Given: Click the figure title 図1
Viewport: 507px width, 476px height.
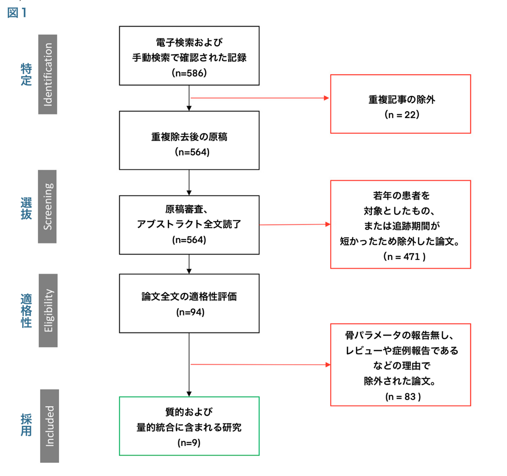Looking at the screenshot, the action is click(x=17, y=13).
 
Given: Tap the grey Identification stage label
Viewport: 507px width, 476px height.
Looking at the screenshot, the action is click(x=48, y=74).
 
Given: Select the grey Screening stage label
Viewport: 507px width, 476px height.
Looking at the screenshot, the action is click(x=47, y=206).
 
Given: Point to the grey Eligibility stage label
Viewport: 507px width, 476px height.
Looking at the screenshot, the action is click(x=48, y=310).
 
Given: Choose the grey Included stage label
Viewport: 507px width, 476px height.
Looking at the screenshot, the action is click(x=49, y=426).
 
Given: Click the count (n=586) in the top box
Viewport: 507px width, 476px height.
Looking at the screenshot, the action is click(x=189, y=73).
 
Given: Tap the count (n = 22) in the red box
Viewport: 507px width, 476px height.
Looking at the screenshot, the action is click(x=402, y=114).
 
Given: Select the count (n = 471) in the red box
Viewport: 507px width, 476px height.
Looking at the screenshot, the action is click(x=404, y=257).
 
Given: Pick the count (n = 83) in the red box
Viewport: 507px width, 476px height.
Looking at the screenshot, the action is click(x=403, y=396).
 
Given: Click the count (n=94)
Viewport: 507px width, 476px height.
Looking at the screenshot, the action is click(x=190, y=312).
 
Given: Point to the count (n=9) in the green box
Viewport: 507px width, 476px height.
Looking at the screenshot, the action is click(x=189, y=443).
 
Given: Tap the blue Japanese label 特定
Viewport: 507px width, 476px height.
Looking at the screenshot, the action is click(x=26, y=74).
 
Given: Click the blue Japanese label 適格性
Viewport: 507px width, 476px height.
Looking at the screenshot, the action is click(x=26, y=311).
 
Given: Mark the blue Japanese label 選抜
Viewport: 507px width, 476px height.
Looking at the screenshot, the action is click(x=26, y=208).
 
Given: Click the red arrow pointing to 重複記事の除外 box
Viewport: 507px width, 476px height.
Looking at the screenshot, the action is click(x=260, y=98).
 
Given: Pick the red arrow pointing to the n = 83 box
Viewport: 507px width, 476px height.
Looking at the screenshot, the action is click(x=261, y=365).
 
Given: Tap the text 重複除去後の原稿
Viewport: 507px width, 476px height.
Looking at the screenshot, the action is click(x=189, y=137).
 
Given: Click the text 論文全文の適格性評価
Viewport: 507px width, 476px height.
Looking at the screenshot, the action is click(x=189, y=297).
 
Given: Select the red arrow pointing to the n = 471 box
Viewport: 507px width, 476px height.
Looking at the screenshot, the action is click(x=295, y=224).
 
